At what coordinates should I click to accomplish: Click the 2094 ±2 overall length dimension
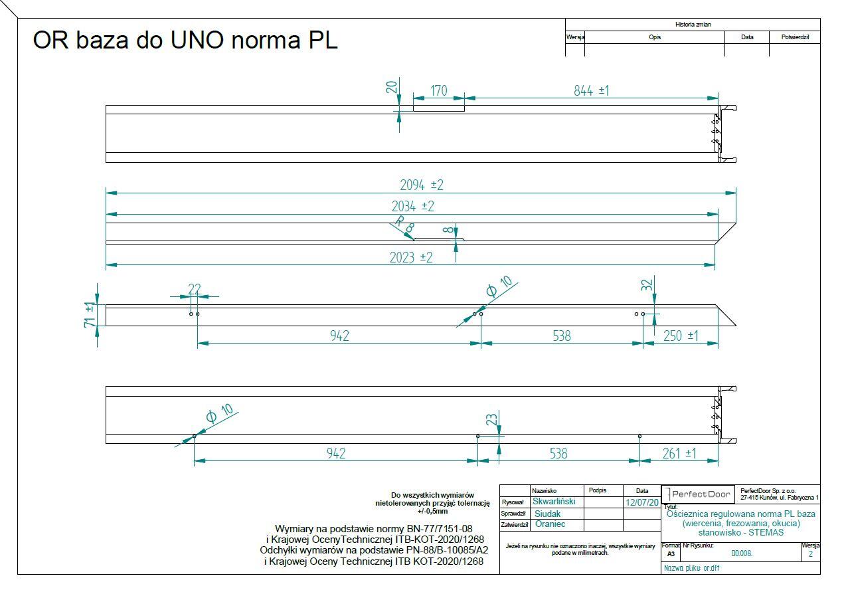tap(421, 185)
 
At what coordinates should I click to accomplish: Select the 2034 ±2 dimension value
tap(412, 206)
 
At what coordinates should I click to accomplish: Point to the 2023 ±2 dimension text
tap(410, 258)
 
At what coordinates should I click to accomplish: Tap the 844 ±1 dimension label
tap(591, 90)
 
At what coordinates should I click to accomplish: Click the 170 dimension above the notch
tap(438, 90)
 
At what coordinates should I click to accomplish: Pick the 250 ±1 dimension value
tap(681, 336)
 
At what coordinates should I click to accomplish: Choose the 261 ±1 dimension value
tap(679, 453)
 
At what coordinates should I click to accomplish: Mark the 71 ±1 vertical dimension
tap(89, 315)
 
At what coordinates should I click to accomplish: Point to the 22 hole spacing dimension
tap(194, 289)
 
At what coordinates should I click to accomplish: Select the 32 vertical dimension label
tap(646, 285)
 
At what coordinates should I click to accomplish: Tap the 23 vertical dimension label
tap(491, 419)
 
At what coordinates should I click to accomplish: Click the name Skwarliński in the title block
tap(554, 502)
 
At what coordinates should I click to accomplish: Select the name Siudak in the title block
tap(547, 514)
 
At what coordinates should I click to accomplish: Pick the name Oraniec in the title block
tap(550, 524)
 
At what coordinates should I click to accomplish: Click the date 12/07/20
tap(641, 502)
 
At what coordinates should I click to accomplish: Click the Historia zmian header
tap(693, 25)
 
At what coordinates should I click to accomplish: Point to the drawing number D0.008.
tap(742, 553)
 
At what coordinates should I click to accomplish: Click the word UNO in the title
tap(198, 39)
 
